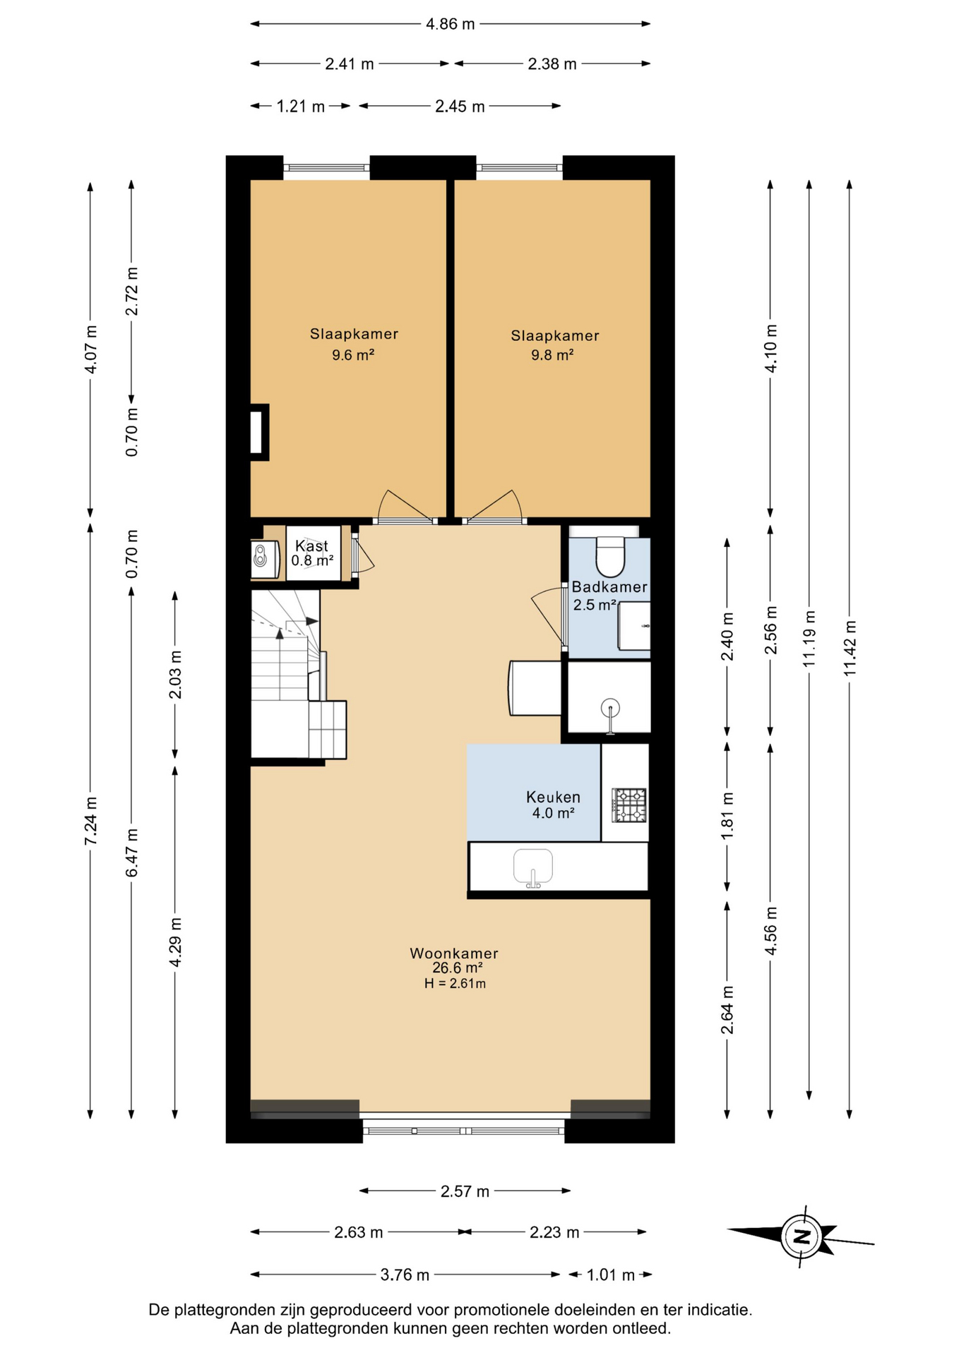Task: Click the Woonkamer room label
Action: coord(454,953)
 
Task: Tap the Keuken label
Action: coord(553,797)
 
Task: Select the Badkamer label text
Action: coord(609,586)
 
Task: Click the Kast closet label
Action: coord(311,546)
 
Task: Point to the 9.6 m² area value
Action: coord(353,355)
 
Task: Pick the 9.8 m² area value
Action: coord(552,355)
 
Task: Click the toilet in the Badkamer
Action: coord(610,555)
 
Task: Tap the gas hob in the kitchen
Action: coord(629,805)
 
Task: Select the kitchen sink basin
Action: coord(533,866)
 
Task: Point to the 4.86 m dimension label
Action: coord(450,24)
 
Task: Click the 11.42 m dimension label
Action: coord(850,647)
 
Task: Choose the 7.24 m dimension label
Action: coord(90,821)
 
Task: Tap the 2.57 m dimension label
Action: coord(465,1191)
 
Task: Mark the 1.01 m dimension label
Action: coord(610,1275)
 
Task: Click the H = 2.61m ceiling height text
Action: coord(455,983)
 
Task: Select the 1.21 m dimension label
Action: coord(300,107)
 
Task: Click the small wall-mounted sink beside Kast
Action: coord(261,555)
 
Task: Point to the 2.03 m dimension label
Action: coord(175,674)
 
